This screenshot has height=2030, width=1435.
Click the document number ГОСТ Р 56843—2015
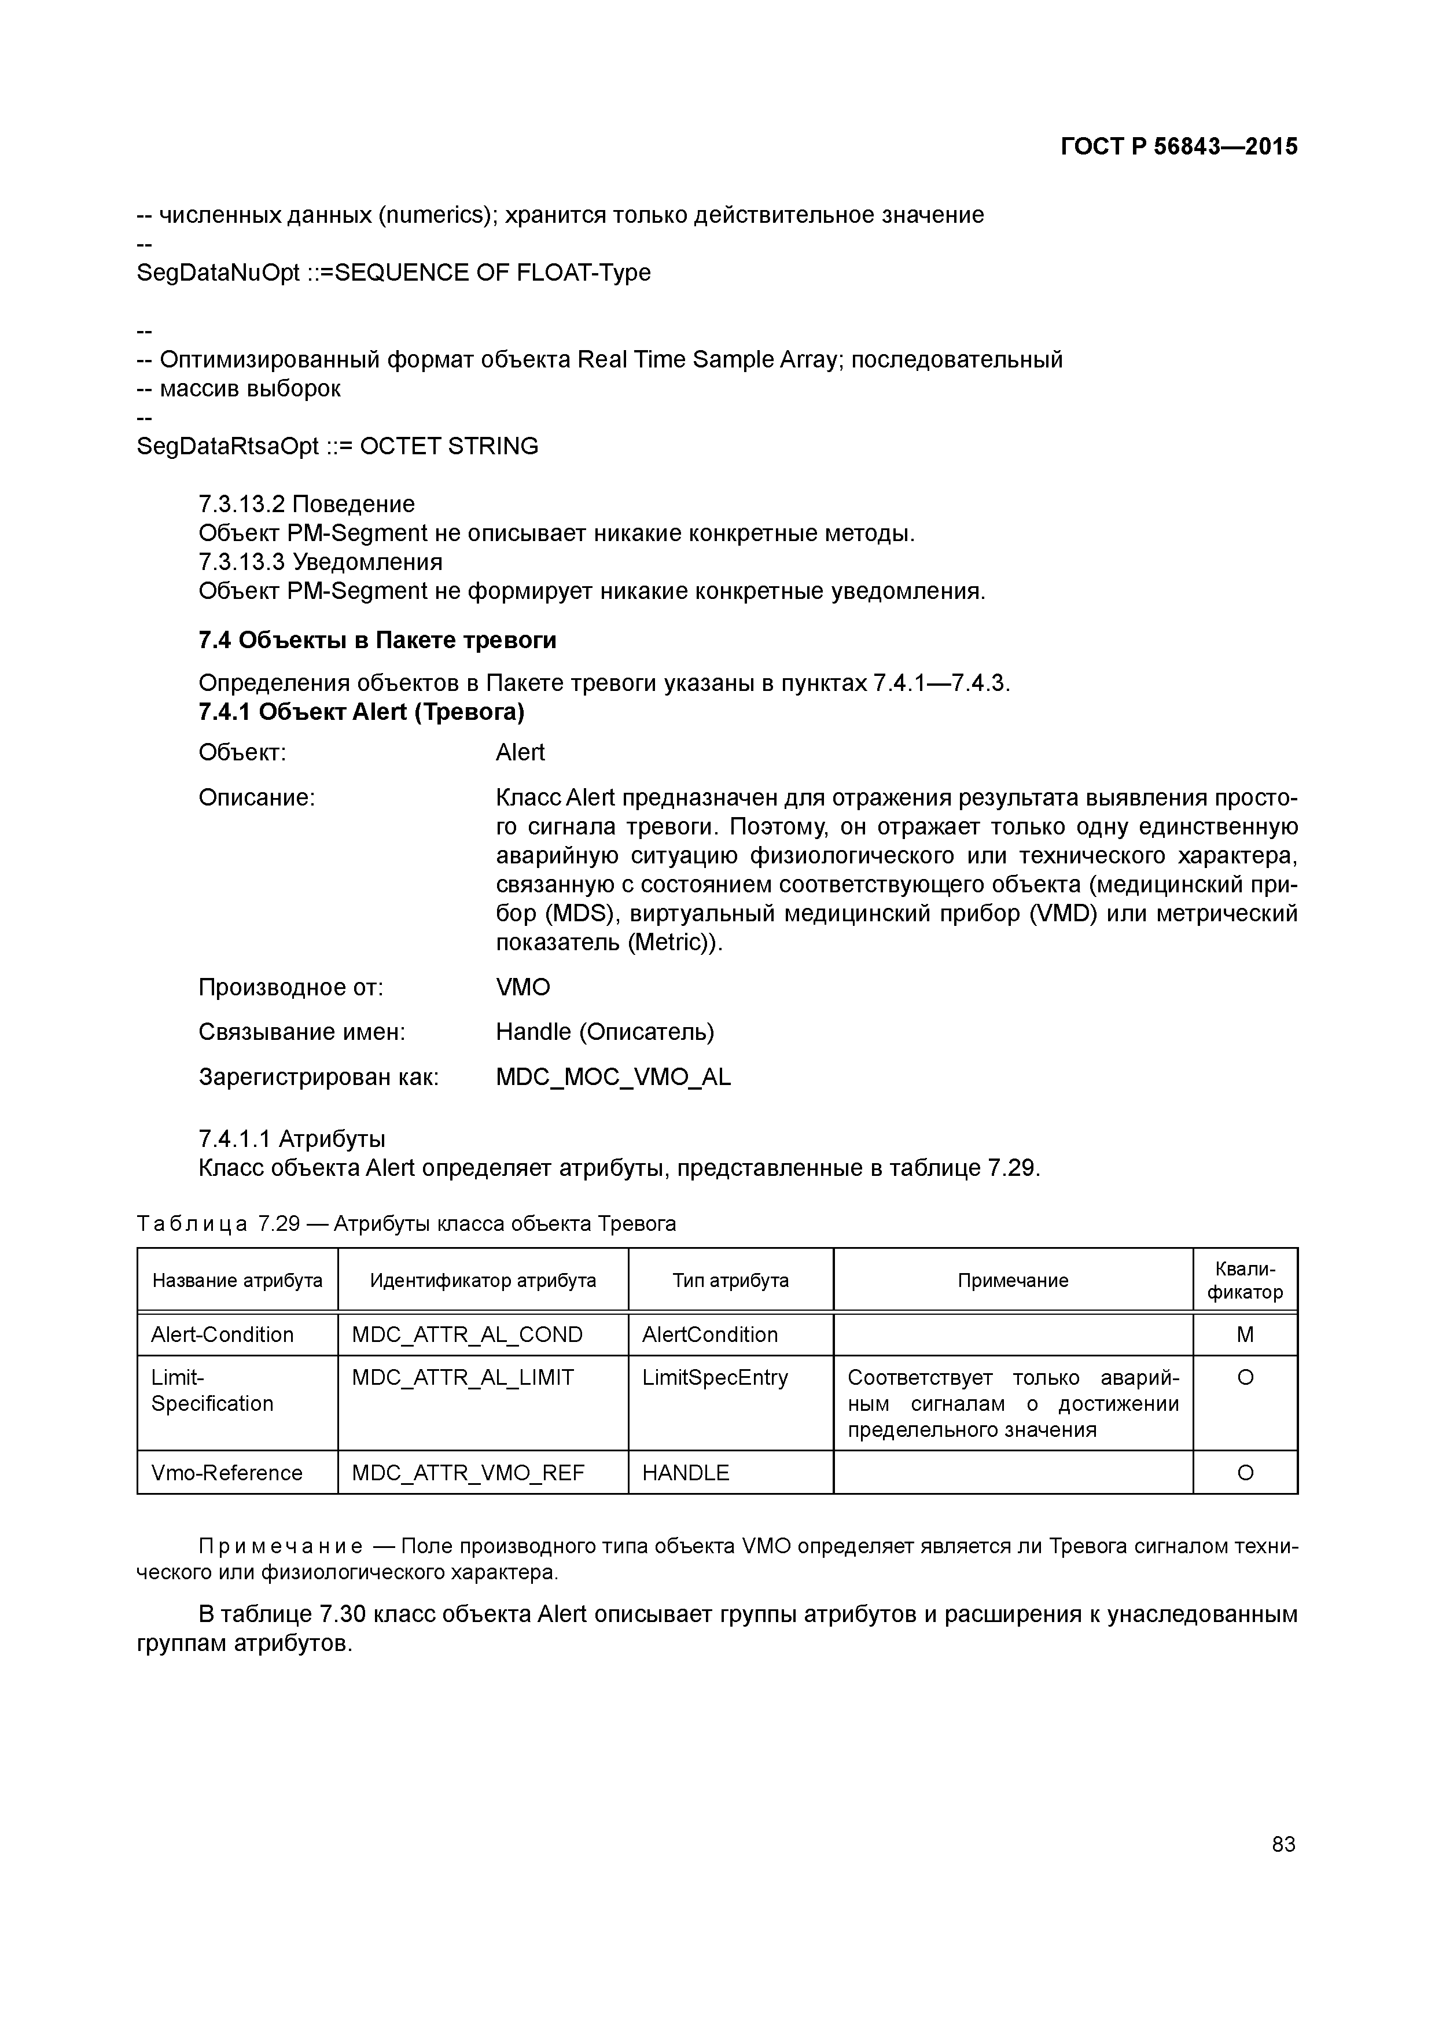point(1179,147)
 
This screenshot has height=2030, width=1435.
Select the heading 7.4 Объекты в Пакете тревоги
point(377,639)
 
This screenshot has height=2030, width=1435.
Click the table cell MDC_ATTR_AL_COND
point(467,1334)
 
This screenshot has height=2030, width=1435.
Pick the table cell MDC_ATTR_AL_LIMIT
point(462,1377)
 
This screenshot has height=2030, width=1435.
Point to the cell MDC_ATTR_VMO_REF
point(468,1472)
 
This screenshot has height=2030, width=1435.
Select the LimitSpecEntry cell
point(715,1377)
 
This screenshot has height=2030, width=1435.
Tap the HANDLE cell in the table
point(685,1472)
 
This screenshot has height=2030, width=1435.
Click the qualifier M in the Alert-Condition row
point(1245,1334)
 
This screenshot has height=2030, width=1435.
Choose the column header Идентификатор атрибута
point(483,1280)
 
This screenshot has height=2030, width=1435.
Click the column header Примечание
point(1013,1280)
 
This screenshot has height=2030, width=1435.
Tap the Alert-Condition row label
point(222,1334)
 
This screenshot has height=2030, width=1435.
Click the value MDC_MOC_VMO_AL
point(613,1077)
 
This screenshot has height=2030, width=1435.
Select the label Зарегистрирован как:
point(318,1077)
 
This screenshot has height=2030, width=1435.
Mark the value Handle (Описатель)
point(605,1032)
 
